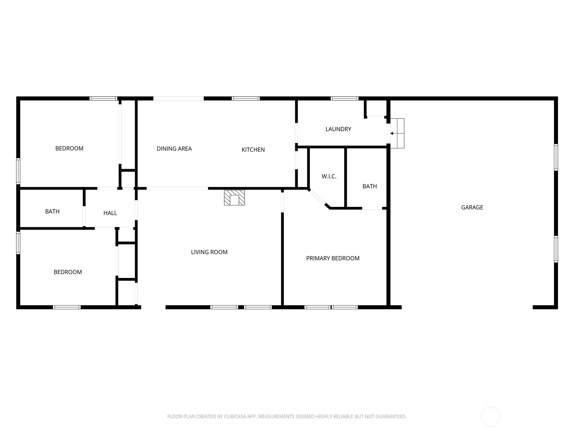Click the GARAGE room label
coord(472,207)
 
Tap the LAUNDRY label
coord(338,129)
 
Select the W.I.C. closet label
coord(329,176)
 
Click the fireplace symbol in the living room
coord(234,198)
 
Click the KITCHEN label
coord(253,149)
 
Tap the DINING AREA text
coord(174,148)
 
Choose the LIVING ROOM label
coord(209,252)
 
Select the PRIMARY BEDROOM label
coord(333,258)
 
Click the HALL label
coord(110,213)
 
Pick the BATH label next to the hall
coord(52,212)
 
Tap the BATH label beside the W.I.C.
coord(370,186)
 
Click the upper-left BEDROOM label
coord(69,148)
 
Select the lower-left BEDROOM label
coord(68,272)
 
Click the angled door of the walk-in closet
coord(317,198)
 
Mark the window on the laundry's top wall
coord(344,98)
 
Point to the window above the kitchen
coord(245,98)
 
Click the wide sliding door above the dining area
coord(179,98)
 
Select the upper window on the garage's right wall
coord(556,157)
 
